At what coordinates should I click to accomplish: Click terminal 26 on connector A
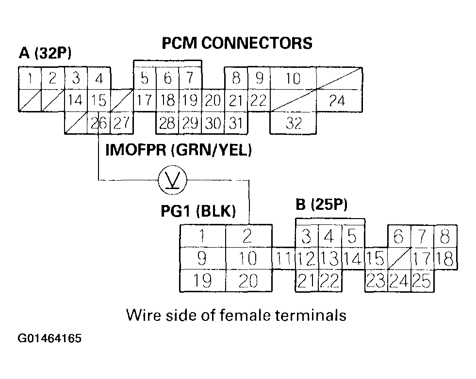99,123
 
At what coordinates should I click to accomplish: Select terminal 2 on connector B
247,236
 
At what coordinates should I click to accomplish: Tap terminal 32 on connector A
293,123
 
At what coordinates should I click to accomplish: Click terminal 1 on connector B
203,236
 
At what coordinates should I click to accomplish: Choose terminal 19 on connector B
203,281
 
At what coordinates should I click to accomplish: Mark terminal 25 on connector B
422,281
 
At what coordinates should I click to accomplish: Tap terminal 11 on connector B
282,258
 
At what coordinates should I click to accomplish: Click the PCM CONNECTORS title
237,43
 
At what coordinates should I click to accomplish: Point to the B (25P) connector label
322,205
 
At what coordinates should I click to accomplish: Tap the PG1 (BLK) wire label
198,211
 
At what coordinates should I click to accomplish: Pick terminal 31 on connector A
236,123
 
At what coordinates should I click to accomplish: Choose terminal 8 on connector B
444,237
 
